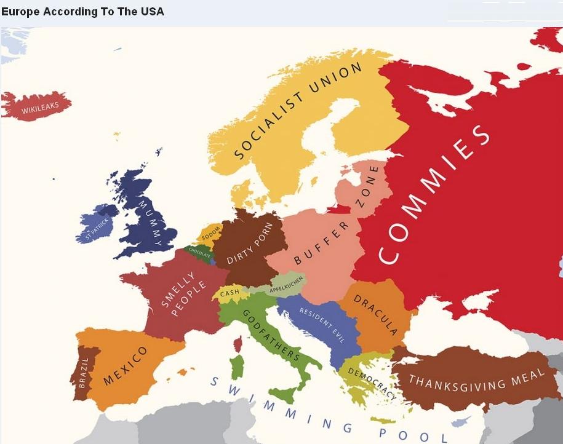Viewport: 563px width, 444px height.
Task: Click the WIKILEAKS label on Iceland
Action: point(40,108)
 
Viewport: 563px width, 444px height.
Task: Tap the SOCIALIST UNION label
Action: point(298,111)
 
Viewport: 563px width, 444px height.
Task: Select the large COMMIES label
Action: point(434,195)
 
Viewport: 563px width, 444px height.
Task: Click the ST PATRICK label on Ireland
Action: point(97,228)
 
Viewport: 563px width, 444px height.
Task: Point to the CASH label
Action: point(230,292)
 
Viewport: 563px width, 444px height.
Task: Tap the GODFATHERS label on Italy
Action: point(271,335)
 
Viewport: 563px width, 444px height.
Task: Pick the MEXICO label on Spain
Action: point(125,365)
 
